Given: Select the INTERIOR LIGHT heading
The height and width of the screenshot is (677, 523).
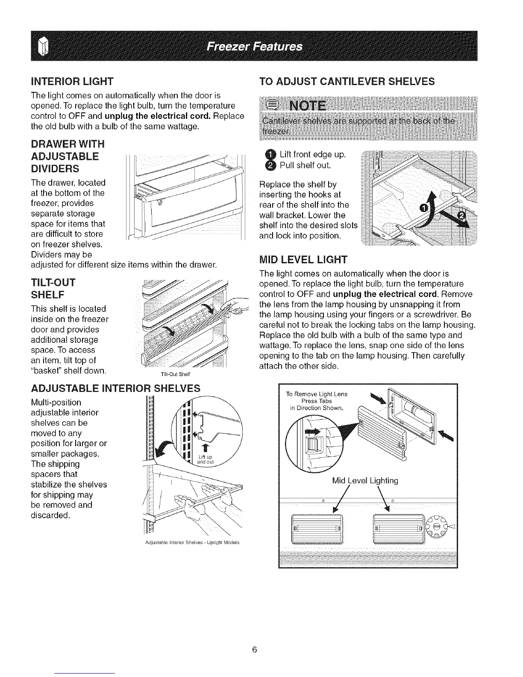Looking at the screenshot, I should (71, 80).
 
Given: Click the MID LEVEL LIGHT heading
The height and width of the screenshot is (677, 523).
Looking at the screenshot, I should (304, 259).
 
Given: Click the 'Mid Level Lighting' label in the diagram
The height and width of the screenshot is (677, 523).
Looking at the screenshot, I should (364, 481).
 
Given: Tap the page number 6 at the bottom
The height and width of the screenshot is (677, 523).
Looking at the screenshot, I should (254, 650).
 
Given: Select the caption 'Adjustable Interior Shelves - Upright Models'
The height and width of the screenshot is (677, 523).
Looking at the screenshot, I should (192, 543).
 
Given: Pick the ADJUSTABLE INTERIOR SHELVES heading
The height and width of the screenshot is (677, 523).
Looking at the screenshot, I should (116, 388).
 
